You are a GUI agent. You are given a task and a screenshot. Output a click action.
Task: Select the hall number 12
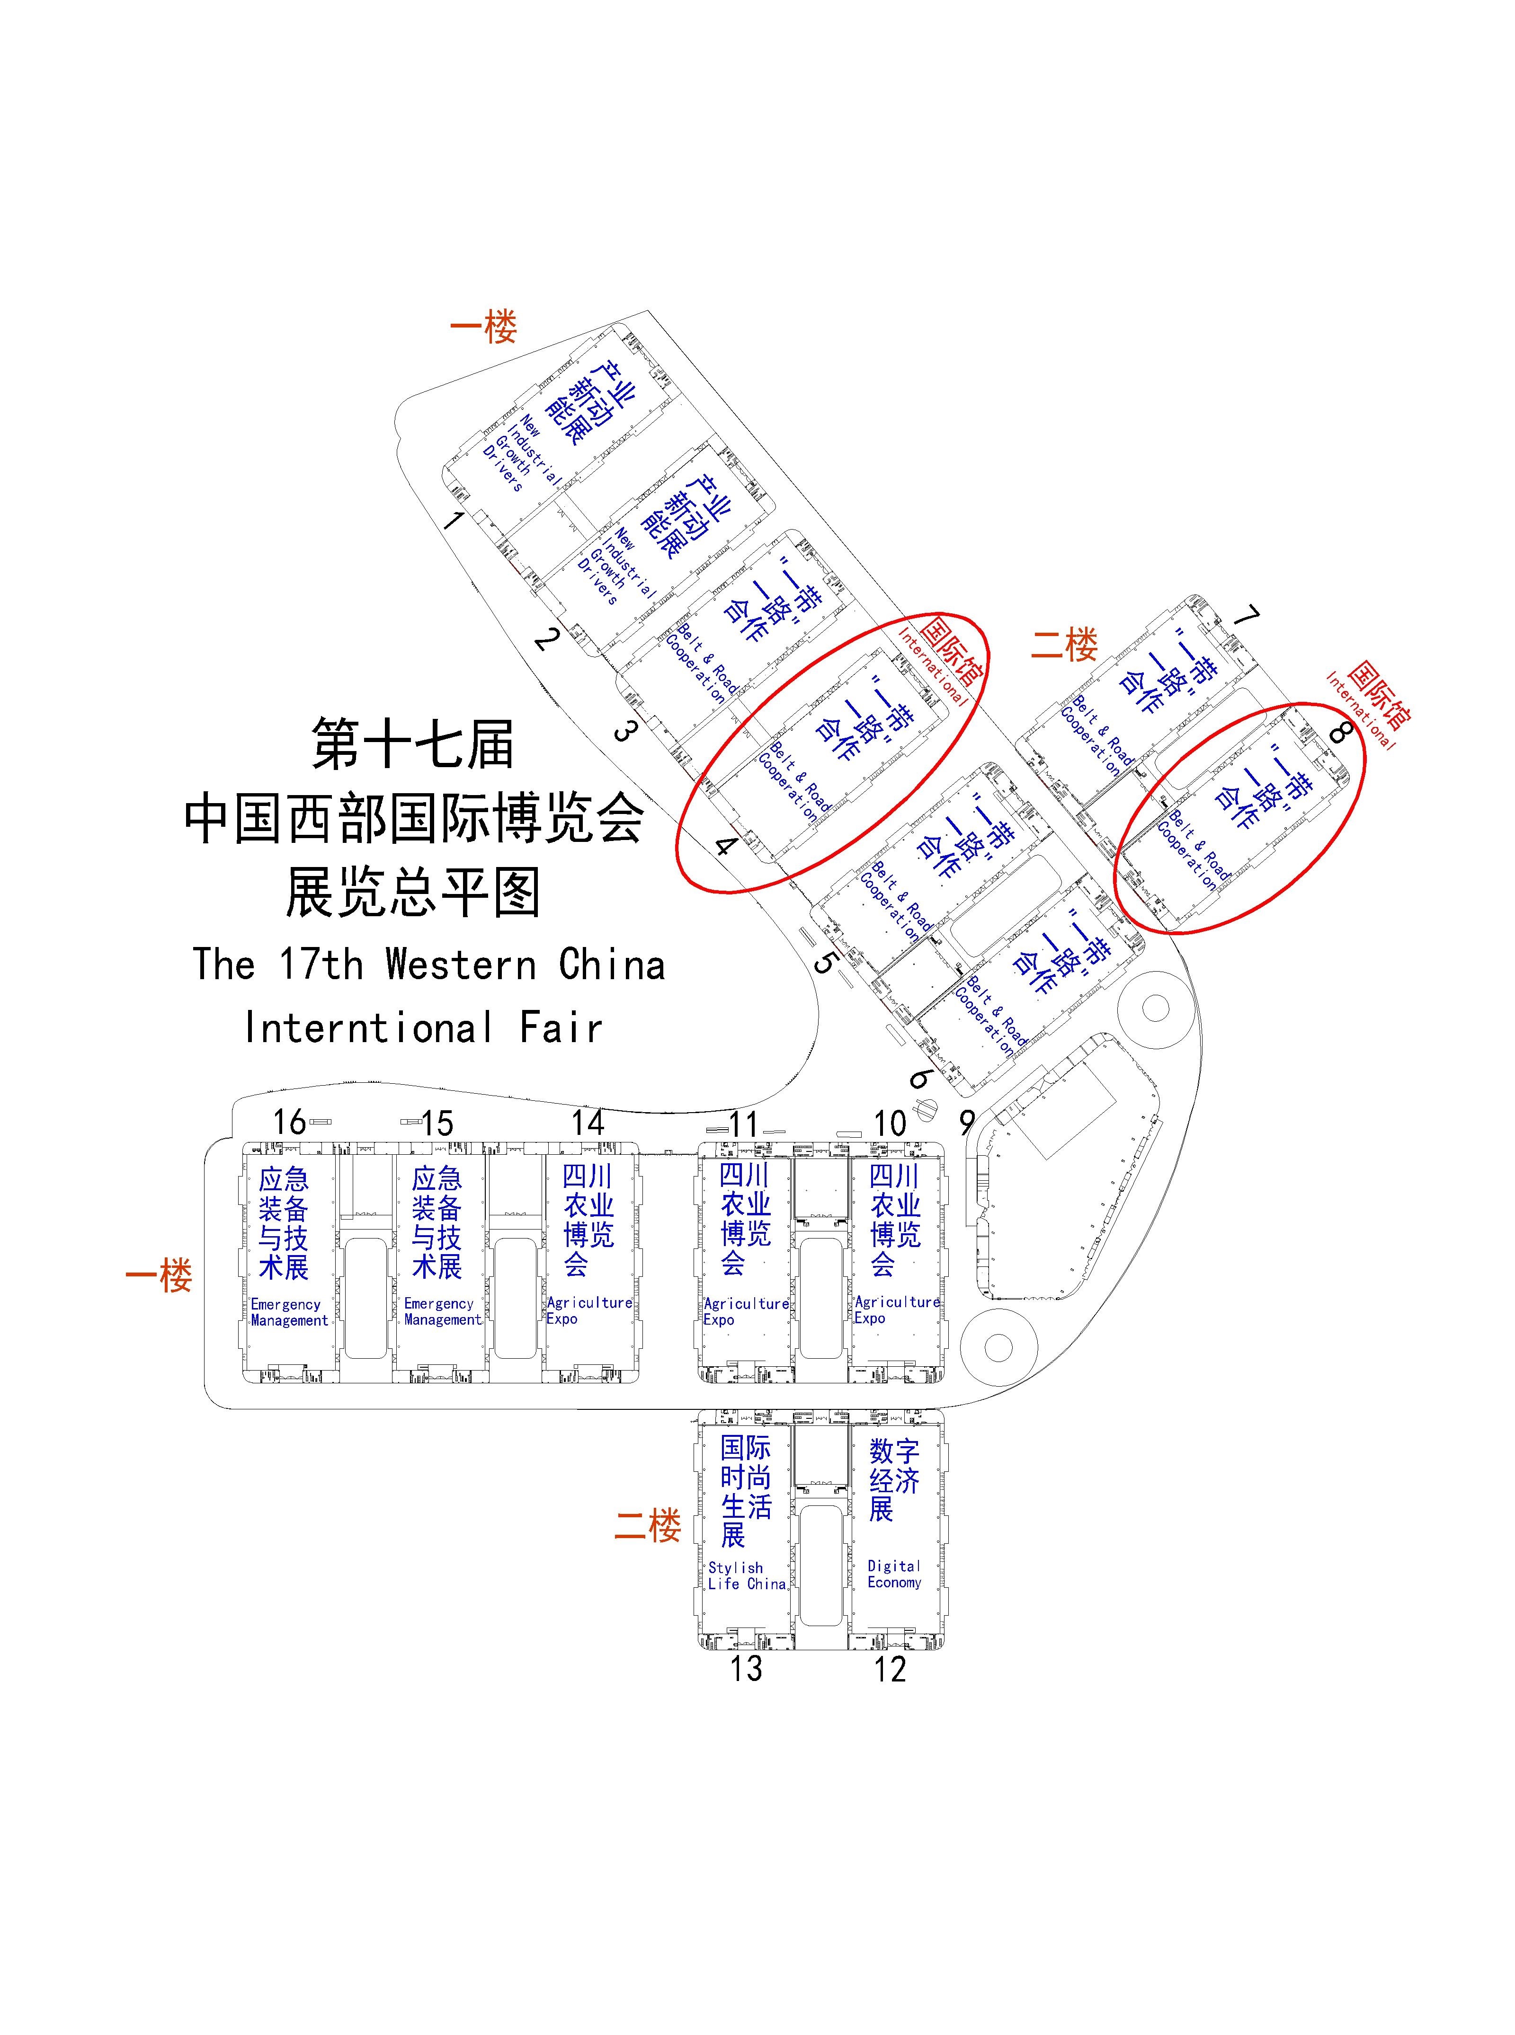pos(890,1669)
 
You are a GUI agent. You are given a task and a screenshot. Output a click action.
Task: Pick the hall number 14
pos(588,1122)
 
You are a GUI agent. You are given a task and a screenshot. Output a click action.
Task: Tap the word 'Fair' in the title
pos(561,1027)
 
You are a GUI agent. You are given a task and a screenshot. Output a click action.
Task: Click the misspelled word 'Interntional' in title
pos(369,1027)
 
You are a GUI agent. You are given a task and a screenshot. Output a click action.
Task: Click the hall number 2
pos(546,637)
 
